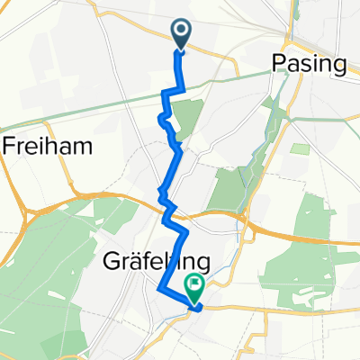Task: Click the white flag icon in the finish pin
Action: pyautogui.click(x=194, y=285)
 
